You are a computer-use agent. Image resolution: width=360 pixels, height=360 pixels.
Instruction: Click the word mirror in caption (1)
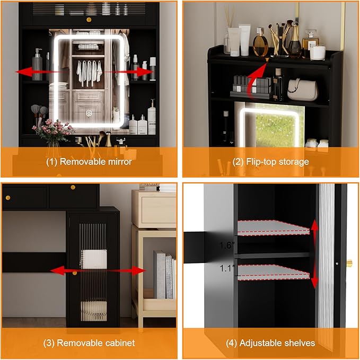click(x=120, y=162)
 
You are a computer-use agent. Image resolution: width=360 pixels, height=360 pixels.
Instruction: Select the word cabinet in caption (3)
click(x=120, y=343)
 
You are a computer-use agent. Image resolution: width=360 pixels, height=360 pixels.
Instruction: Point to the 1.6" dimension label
click(x=227, y=245)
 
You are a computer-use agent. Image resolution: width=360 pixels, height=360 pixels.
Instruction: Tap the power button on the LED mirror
click(x=89, y=113)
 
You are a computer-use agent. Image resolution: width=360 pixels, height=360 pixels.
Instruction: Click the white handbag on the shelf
click(x=303, y=90)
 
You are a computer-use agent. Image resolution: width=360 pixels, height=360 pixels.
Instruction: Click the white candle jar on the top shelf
click(x=318, y=52)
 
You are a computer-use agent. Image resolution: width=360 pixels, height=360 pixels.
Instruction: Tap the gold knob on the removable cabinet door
click(x=74, y=273)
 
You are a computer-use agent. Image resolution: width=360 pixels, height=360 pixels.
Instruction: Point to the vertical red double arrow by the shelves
click(x=314, y=254)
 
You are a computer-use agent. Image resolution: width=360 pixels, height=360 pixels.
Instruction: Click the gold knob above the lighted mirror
click(x=89, y=20)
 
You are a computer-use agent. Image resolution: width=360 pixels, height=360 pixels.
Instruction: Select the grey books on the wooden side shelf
click(x=164, y=275)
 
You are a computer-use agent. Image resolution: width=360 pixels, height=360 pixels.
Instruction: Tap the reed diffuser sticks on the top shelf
click(x=229, y=16)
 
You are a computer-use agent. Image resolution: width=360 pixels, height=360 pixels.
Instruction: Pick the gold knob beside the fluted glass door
click(x=349, y=262)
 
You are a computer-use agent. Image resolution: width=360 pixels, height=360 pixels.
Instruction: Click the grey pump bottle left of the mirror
click(x=37, y=65)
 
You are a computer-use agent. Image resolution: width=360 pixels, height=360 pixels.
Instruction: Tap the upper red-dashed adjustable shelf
click(x=273, y=227)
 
